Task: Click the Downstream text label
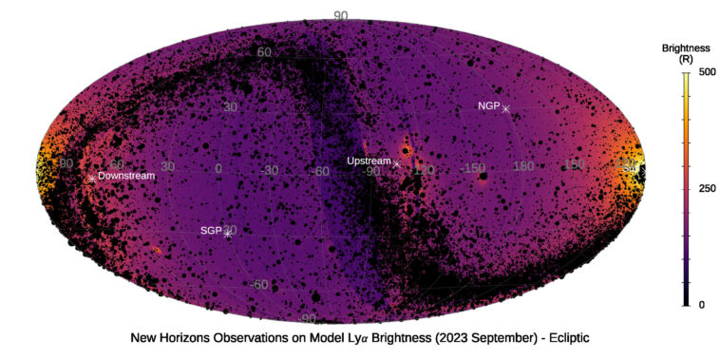tap(126, 176)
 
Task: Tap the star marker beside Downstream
tap(92, 178)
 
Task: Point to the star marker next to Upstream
tap(396, 163)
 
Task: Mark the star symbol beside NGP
tap(506, 109)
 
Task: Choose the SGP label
tap(210, 231)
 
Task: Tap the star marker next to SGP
tap(227, 233)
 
